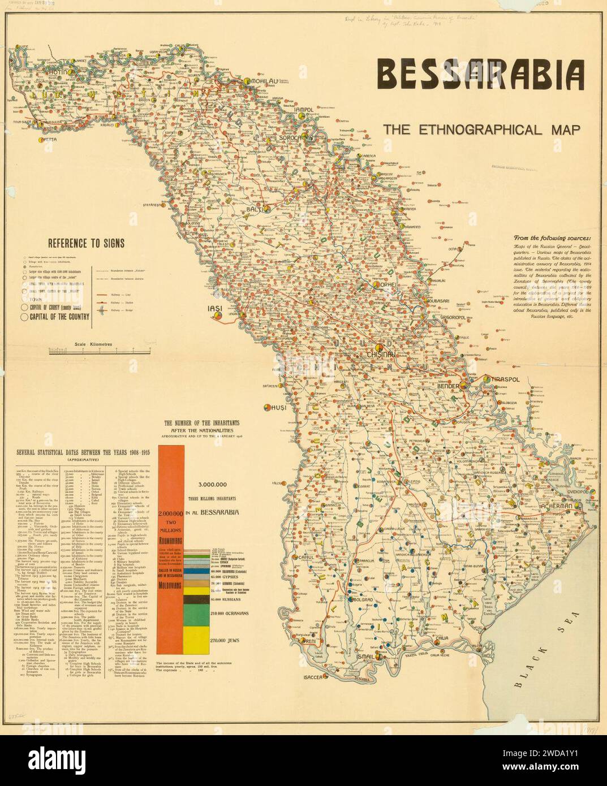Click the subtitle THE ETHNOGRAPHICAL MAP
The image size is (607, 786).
481,129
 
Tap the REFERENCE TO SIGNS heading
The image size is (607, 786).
86,244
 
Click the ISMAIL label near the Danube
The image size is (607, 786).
370,657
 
